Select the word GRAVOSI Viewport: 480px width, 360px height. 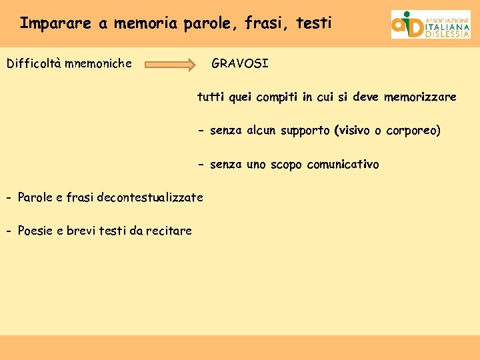[x=240, y=64]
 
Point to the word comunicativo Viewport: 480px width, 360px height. [x=343, y=164]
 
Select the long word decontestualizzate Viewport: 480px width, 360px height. [x=150, y=197]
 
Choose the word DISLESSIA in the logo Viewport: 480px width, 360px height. [x=447, y=35]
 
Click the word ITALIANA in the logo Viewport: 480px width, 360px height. [x=447, y=27]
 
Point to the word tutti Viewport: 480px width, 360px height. [x=211, y=97]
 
